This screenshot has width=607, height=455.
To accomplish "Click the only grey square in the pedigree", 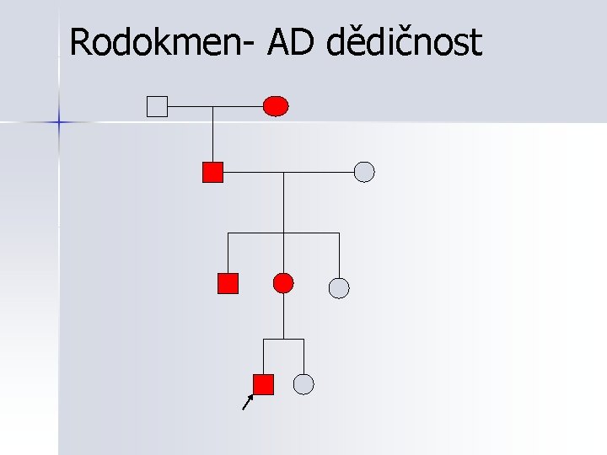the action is (157, 106).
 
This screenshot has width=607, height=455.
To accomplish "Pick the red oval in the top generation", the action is (276, 106).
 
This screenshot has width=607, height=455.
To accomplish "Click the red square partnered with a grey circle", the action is (212, 172).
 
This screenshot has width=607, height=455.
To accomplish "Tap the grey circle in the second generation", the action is (363, 172).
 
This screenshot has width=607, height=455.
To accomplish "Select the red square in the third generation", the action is (228, 283).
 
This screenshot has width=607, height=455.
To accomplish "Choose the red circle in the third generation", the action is (284, 283).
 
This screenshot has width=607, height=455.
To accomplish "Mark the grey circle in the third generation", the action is (338, 288).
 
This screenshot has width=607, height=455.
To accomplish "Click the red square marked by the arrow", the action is (264, 384).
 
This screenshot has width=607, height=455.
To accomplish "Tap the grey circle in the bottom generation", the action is (303, 384).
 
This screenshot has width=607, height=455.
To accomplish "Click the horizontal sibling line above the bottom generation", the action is (284, 340).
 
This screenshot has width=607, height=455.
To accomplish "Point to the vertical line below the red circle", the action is (284, 316).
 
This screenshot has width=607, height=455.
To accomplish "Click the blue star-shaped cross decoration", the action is (59, 122).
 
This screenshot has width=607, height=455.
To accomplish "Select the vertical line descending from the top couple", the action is (212, 135).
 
